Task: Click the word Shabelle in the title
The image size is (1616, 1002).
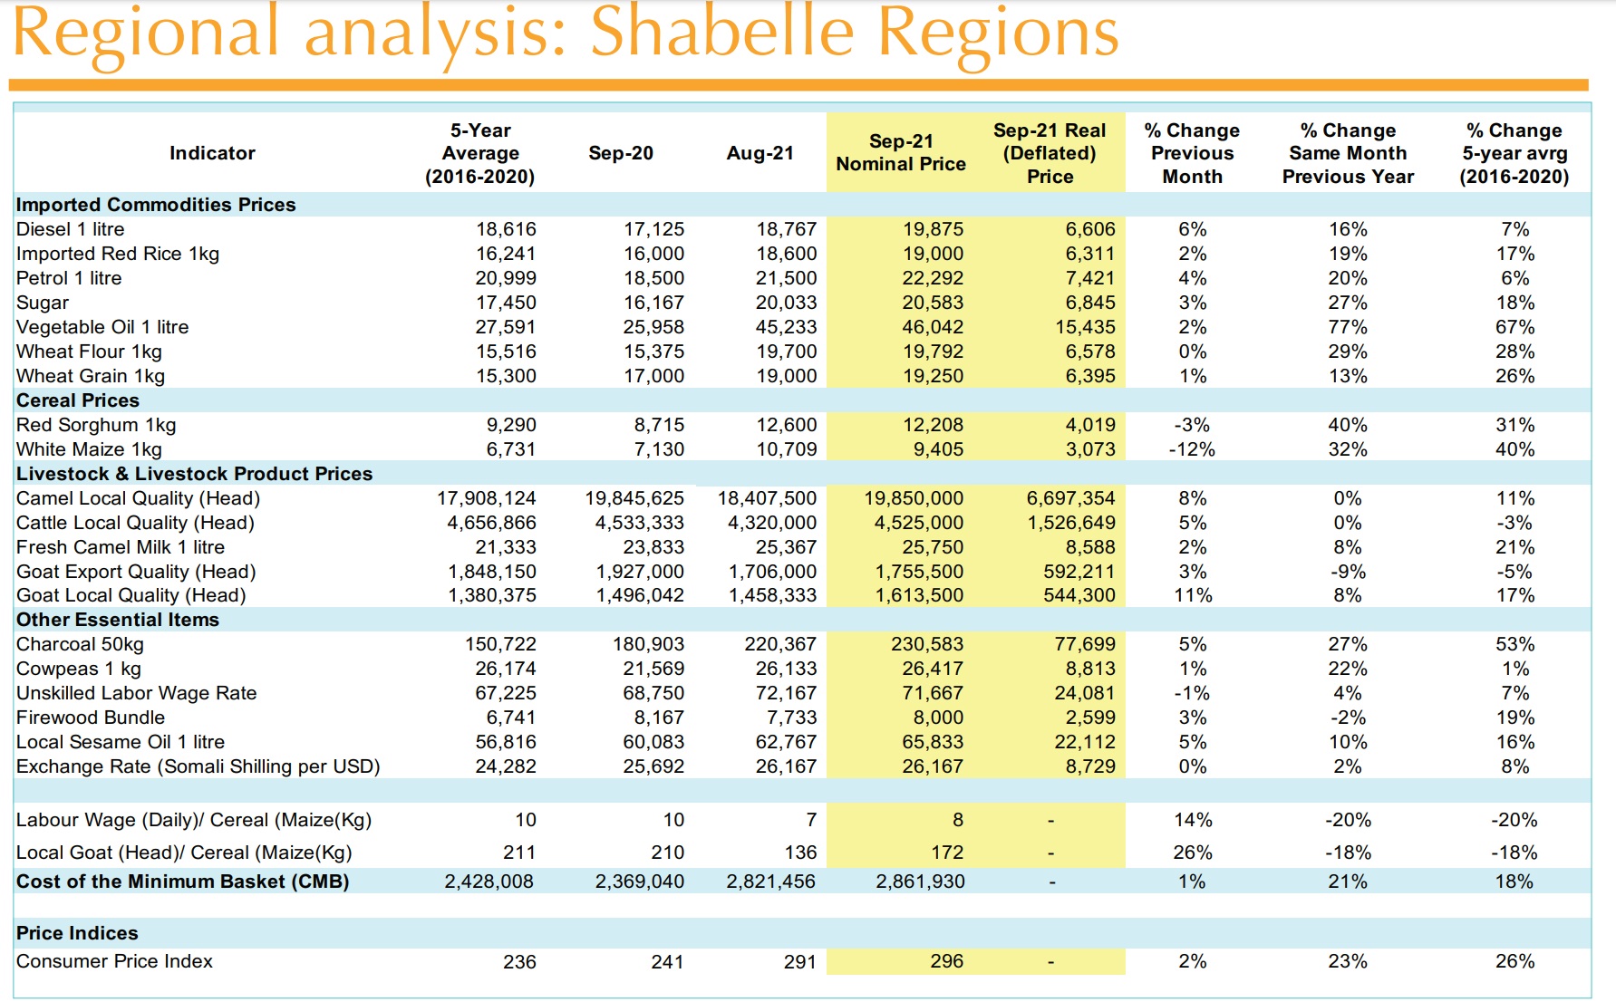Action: (x=722, y=33)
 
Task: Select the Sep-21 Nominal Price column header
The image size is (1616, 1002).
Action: (x=900, y=152)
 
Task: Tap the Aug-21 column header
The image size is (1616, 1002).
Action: (x=760, y=153)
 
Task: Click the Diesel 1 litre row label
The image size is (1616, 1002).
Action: (x=71, y=229)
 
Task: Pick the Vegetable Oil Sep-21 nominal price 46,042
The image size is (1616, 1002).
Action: (x=933, y=327)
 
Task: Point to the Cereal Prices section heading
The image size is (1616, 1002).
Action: (x=78, y=400)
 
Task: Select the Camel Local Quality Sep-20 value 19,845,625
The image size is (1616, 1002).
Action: (x=634, y=498)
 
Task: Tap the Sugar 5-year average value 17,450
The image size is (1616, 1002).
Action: (x=506, y=303)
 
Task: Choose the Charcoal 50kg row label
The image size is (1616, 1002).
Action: (x=80, y=644)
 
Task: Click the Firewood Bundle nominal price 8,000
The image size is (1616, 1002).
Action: (x=939, y=718)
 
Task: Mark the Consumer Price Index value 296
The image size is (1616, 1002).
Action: (x=946, y=961)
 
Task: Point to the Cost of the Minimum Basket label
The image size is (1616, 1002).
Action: (x=182, y=882)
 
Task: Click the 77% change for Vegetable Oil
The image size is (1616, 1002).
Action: (x=1347, y=327)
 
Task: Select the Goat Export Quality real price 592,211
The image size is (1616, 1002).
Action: (x=1079, y=572)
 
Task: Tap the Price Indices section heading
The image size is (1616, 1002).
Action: (x=77, y=933)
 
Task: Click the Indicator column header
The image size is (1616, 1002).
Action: (x=212, y=153)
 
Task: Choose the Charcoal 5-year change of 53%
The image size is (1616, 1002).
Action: (x=1514, y=644)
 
